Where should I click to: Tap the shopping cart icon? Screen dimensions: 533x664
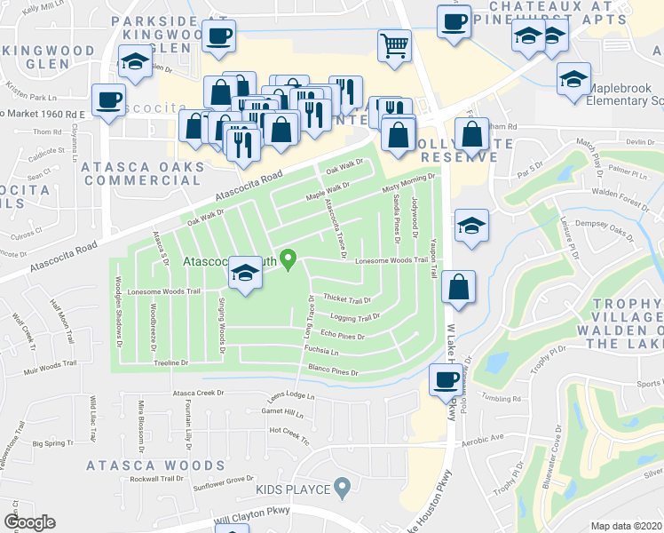point(394,44)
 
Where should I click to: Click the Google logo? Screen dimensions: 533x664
point(28,521)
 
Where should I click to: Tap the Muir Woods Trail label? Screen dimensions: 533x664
point(36,362)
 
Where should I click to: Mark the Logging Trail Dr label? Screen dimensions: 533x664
point(355,317)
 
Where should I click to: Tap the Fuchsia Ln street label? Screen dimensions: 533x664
point(323,351)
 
